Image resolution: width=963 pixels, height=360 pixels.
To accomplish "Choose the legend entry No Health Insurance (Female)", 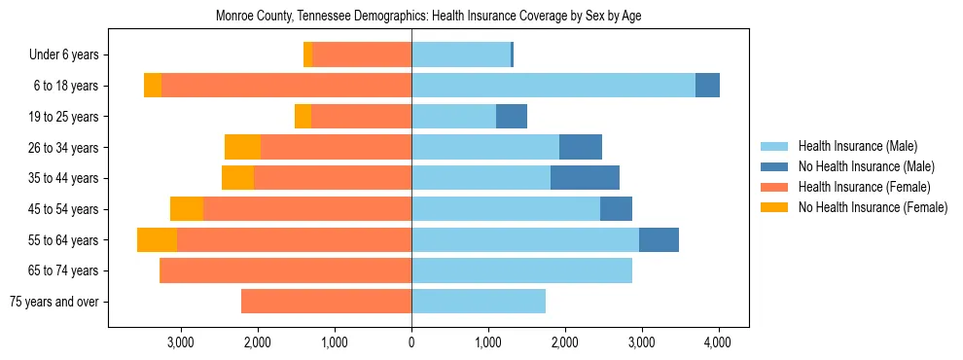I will tap(873, 207).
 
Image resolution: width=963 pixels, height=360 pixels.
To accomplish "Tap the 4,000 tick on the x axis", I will tap(718, 342).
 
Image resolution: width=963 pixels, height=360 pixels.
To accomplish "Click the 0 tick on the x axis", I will tap(411, 342).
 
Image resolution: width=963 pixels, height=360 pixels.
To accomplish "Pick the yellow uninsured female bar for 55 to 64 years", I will tap(157, 239).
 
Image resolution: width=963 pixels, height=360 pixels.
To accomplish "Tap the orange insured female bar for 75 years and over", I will tap(326, 302).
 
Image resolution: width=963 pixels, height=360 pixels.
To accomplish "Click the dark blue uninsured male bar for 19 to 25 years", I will tap(512, 117).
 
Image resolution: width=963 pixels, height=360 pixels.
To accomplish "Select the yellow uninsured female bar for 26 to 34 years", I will tap(242, 147).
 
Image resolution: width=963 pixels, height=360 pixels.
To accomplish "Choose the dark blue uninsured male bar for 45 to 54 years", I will tap(616, 209).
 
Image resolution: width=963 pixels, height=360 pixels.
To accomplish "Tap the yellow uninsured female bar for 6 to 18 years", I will tap(153, 86).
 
